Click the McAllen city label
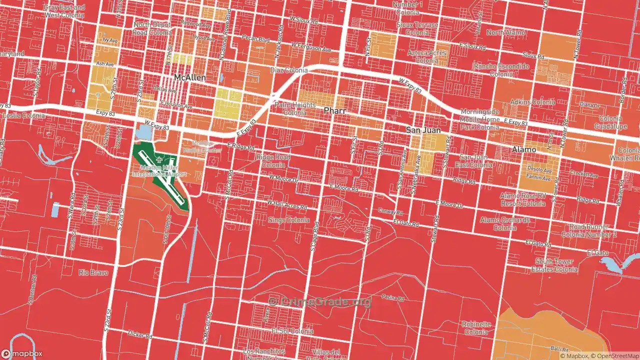pyautogui.click(x=189, y=78)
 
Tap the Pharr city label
pyautogui.click(x=335, y=110)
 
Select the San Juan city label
pyautogui.click(x=423, y=130)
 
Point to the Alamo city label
pyautogui.click(x=524, y=149)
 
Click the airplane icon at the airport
pyautogui.click(x=159, y=160)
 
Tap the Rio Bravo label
pyautogui.click(x=90, y=272)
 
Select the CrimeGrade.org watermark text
pyautogui.click(x=320, y=301)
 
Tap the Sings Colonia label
pyautogui.click(x=288, y=220)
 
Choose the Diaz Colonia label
pyautogui.click(x=288, y=70)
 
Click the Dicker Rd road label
pyautogui.click(x=139, y=334)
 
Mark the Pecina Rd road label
pyautogui.click(x=392, y=298)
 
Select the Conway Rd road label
pyautogui.click(x=389, y=210)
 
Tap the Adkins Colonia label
pyautogui.click(x=532, y=102)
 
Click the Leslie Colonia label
pyautogui.click(x=23, y=116)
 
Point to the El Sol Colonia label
pyautogui.click(x=292, y=331)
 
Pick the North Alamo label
pyautogui.click(x=506, y=32)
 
